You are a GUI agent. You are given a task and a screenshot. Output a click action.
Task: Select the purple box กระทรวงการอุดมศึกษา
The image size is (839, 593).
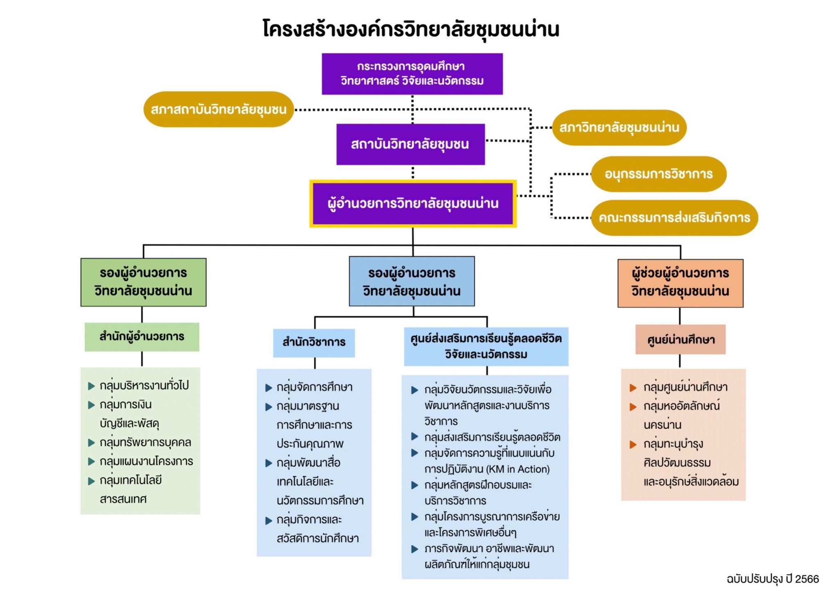412,74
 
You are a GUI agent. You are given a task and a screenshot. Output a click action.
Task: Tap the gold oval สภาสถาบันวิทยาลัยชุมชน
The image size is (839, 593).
218,109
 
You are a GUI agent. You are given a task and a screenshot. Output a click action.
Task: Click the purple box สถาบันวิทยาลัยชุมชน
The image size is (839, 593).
410,144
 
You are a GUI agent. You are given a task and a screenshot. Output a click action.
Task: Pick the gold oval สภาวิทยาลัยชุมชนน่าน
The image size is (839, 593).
619,127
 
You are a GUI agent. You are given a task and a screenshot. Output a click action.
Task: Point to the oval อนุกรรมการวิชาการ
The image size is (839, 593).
658,174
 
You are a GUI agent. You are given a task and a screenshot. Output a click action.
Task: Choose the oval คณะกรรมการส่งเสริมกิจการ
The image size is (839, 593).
674,218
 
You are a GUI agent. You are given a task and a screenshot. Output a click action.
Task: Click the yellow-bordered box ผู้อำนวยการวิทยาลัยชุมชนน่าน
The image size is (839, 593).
413,204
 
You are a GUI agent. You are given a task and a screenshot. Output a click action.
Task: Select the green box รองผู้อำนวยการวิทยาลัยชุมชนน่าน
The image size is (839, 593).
143,282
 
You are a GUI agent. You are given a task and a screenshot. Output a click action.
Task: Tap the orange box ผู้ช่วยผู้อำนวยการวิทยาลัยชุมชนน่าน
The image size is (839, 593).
680,283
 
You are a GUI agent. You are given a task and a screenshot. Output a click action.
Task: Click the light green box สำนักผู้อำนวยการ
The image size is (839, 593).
142,337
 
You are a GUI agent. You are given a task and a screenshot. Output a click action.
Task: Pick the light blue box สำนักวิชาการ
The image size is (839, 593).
314,343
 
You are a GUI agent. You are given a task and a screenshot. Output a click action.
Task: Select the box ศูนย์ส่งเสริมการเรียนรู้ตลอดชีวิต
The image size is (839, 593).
486,346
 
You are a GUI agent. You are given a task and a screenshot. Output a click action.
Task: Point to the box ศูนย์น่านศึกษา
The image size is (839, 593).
680,340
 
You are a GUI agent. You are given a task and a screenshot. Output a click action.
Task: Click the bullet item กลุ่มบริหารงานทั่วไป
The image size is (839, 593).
144,386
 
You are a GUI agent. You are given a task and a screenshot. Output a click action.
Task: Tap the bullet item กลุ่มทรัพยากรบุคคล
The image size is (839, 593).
145,443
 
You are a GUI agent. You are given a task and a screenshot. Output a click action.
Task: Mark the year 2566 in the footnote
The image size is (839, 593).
807,579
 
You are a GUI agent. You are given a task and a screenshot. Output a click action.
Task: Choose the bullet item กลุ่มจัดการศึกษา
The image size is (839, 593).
314,387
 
